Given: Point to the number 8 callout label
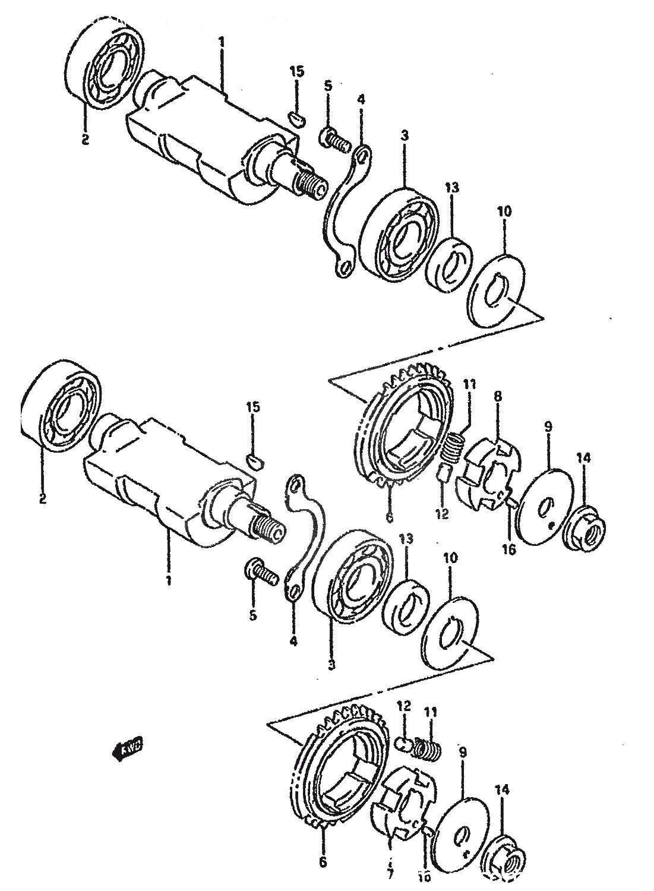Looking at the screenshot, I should coord(498,395).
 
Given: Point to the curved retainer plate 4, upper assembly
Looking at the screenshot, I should coord(345,214).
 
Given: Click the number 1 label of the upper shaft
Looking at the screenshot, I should coord(221,42).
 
